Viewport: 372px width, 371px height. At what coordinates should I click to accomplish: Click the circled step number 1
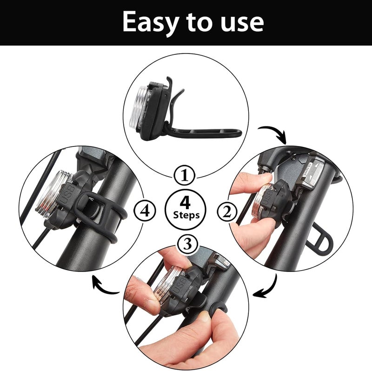[186, 176]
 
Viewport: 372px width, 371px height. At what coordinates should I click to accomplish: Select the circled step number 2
[227, 212]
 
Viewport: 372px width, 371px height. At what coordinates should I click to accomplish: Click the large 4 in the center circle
[186, 203]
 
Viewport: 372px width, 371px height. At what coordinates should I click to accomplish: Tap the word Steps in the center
[186, 215]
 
